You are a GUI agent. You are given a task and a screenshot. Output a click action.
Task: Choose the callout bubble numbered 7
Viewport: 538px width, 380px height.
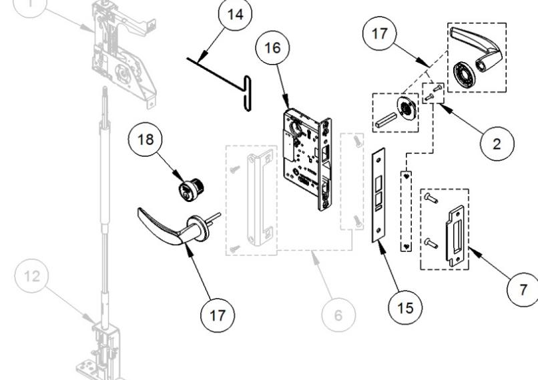tap(522, 290)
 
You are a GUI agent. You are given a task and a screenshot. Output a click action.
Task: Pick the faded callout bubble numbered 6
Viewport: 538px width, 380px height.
tap(338, 315)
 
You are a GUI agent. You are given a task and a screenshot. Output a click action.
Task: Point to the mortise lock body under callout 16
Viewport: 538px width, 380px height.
tap(304, 163)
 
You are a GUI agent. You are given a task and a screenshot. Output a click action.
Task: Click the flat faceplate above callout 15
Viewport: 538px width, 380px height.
tap(379, 194)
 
